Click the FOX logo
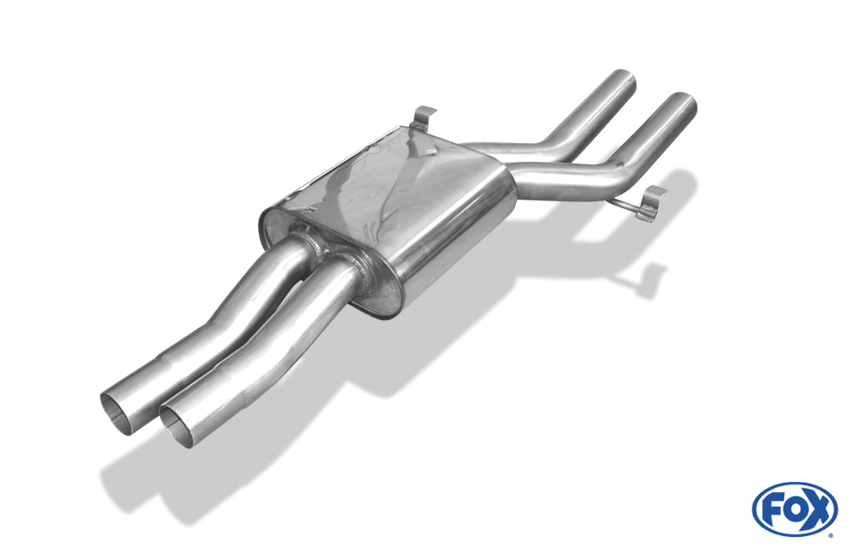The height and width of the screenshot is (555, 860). [795, 509]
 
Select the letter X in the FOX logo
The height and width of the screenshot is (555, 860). [817, 509]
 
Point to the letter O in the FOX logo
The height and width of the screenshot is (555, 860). [793, 510]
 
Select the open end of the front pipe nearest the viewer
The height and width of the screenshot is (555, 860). [176, 425]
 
